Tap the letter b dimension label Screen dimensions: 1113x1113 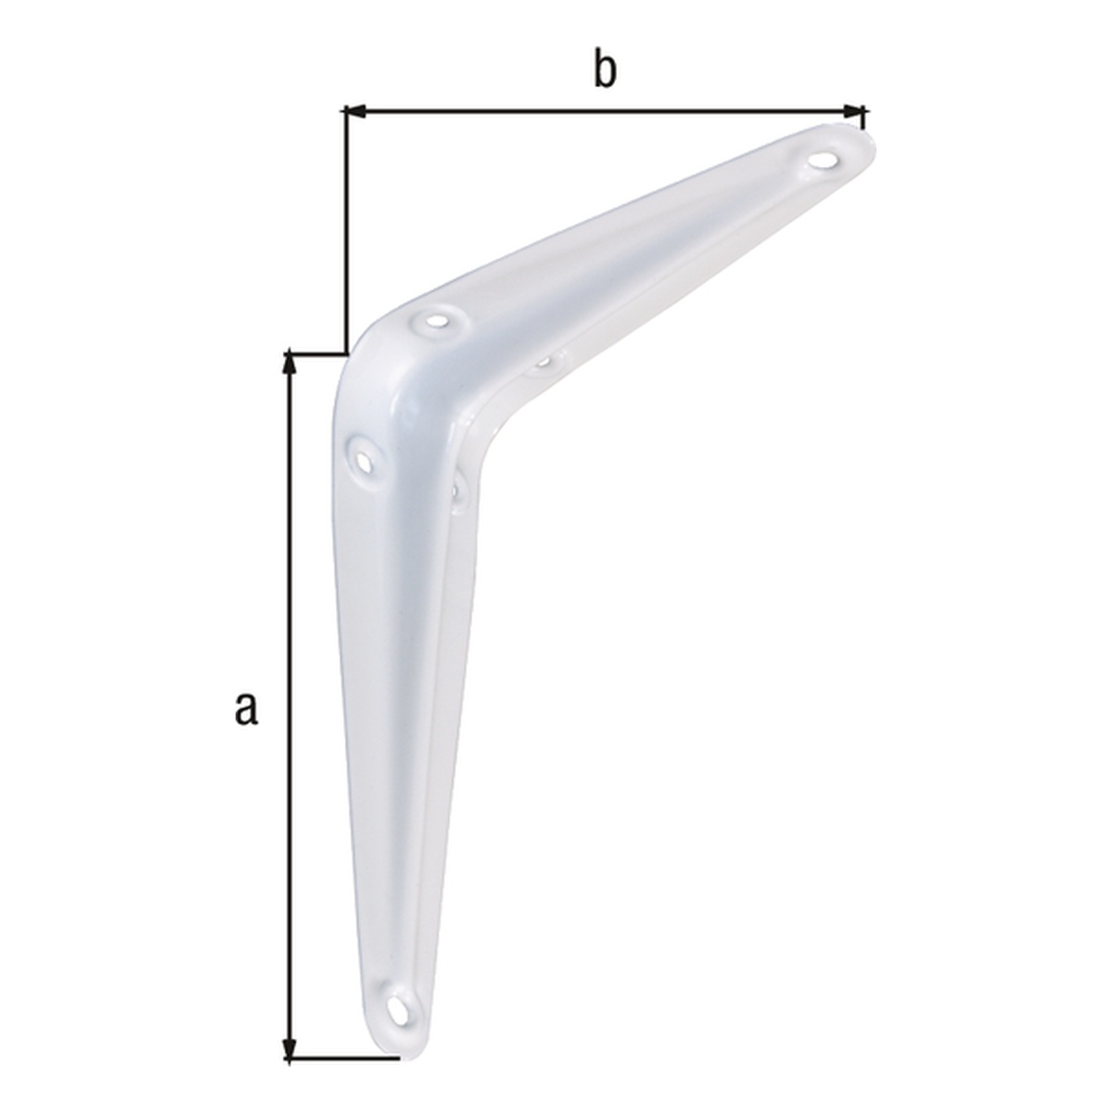(x=605, y=69)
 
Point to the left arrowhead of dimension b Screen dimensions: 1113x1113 (x=356, y=111)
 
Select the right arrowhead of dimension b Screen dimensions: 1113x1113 (x=853, y=111)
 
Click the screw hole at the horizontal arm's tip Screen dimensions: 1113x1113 (x=824, y=160)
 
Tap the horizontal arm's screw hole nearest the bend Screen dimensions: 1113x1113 (x=438, y=320)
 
